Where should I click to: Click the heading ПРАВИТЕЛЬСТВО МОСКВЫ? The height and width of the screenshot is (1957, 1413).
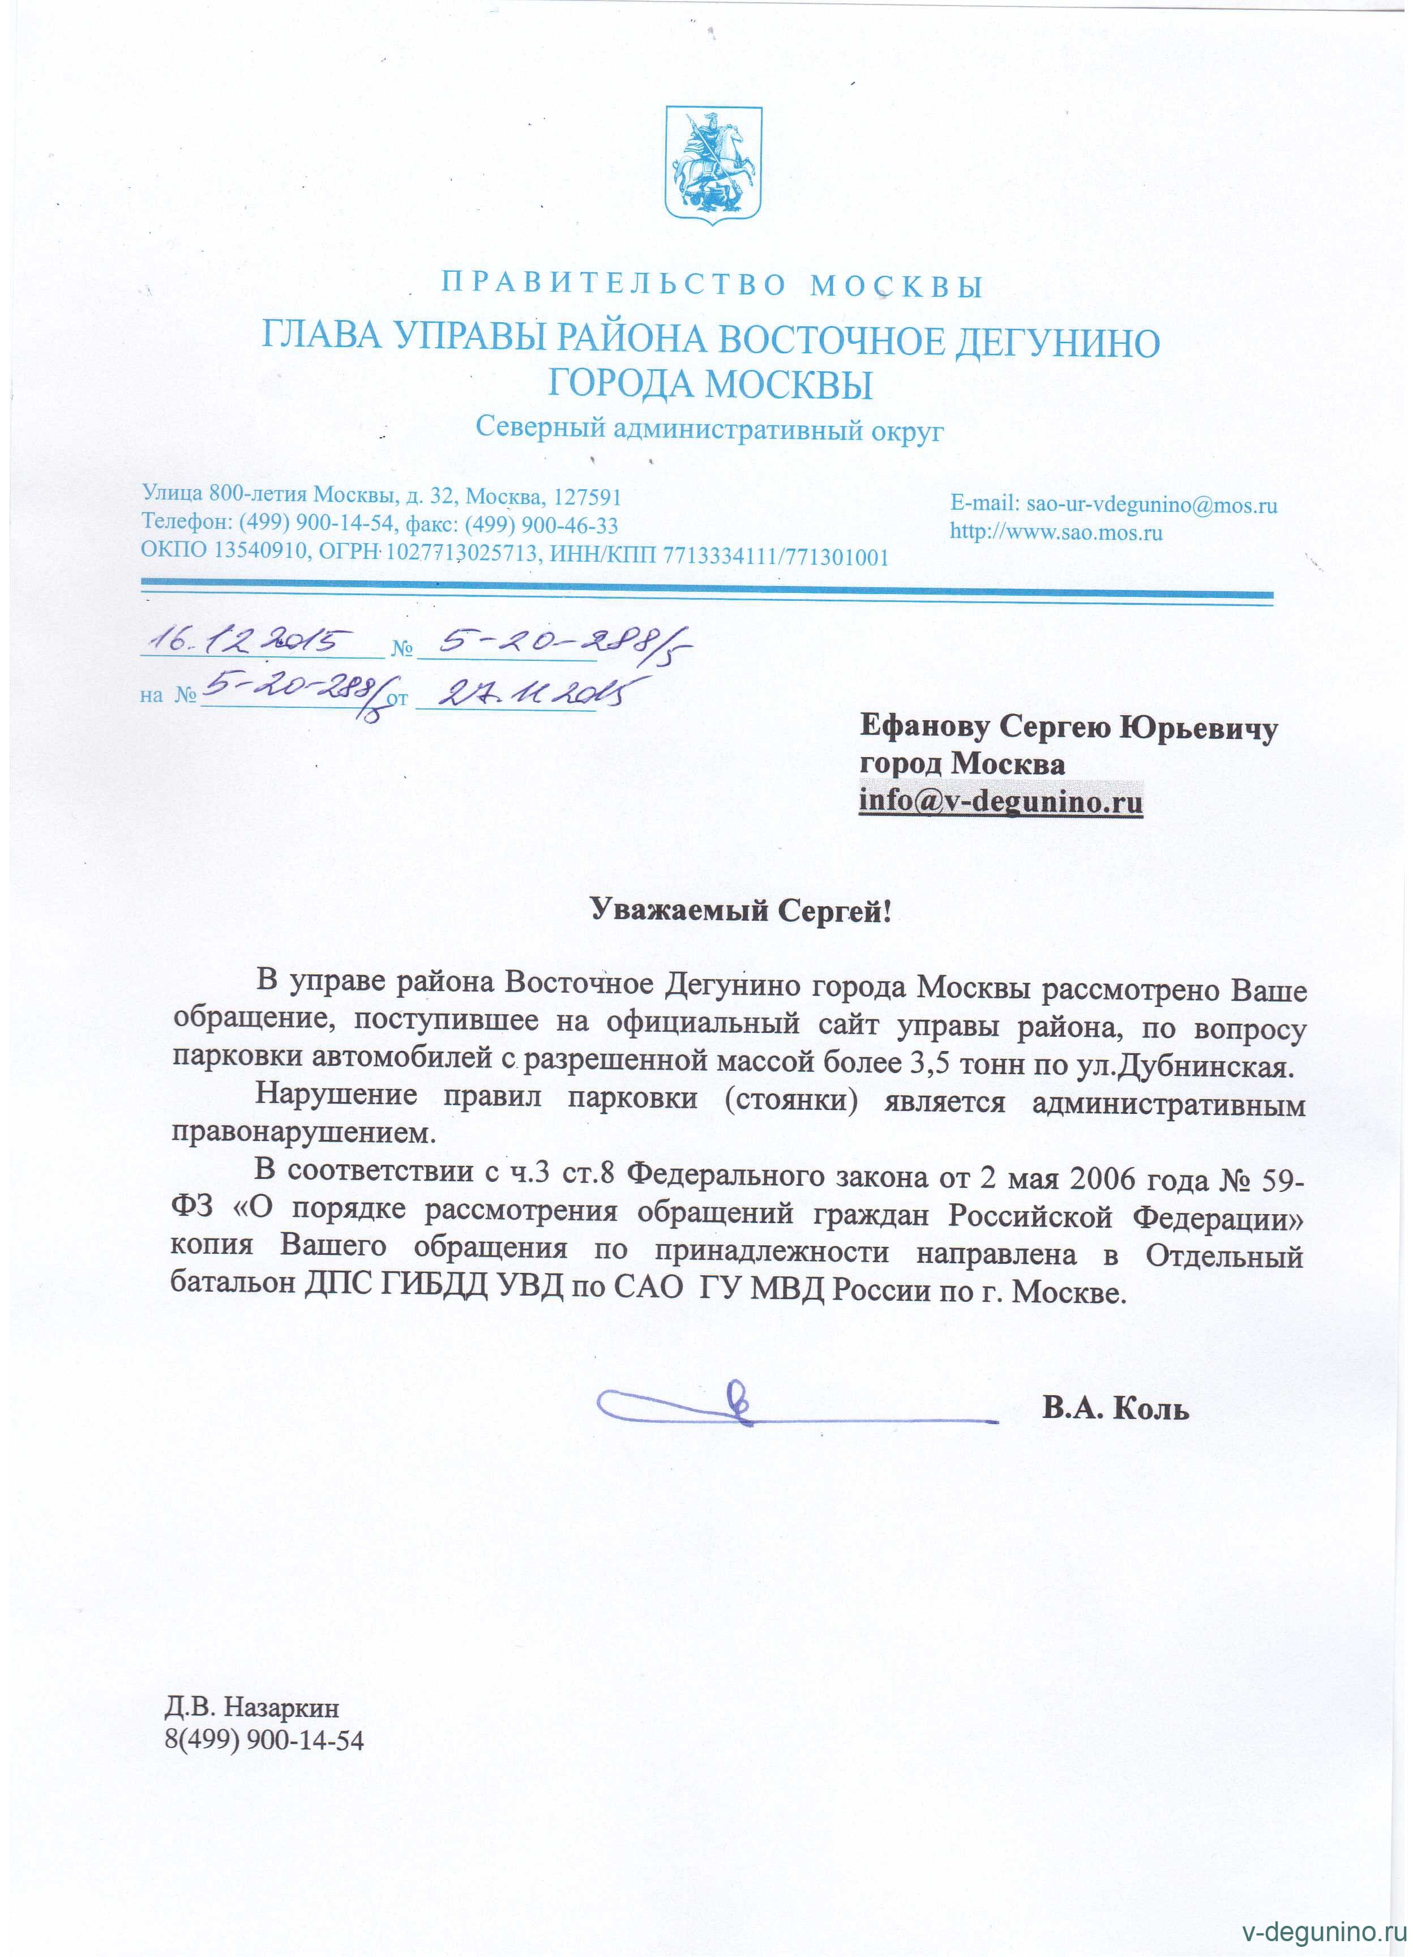click(713, 285)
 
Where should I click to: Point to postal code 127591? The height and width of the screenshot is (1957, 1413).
click(588, 497)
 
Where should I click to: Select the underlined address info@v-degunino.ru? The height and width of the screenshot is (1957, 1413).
click(1001, 802)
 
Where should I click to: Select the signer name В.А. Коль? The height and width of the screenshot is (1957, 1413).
click(1115, 1408)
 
